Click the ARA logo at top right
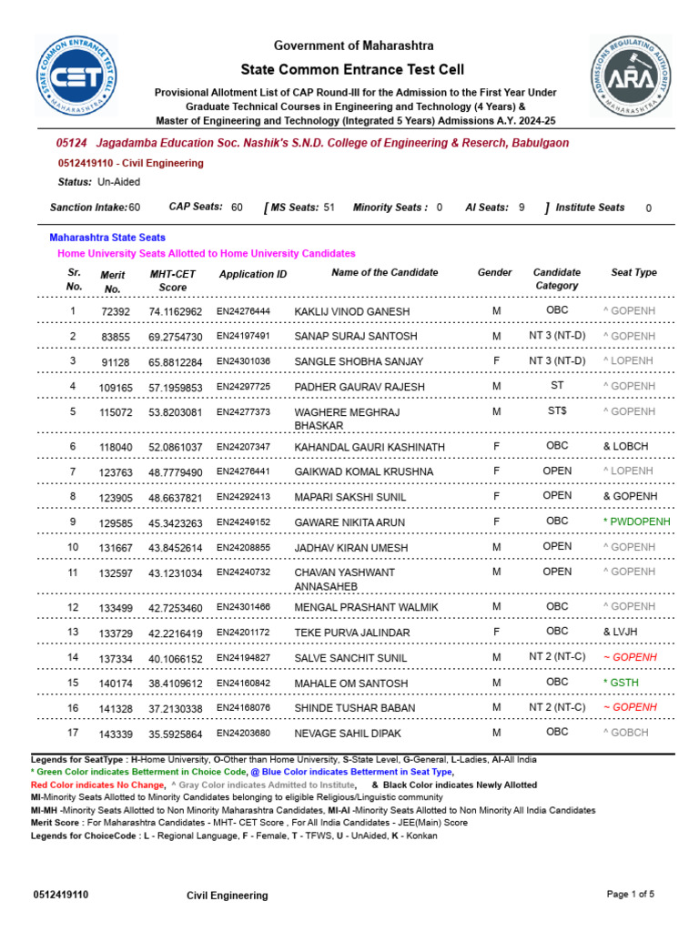[631, 76]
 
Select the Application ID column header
[253, 274]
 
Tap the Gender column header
[495, 272]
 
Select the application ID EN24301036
[243, 361]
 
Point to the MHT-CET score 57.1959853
[176, 388]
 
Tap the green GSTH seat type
[622, 683]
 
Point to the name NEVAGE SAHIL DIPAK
[348, 733]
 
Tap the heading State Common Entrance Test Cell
[352, 69]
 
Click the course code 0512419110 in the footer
[61, 895]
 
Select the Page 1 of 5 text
[631, 895]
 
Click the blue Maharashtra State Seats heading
[107, 238]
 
